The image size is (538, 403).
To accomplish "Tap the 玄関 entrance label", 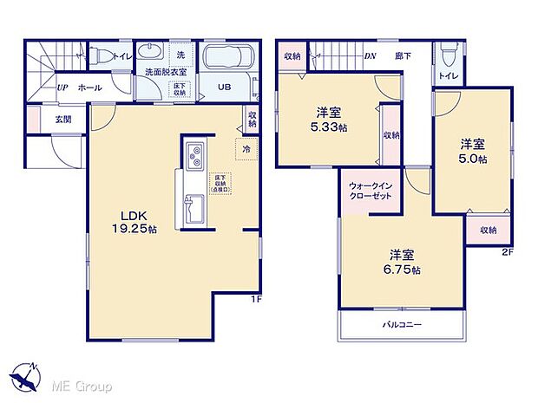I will coord(63,119).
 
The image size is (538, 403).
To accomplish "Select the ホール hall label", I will coord(89,88).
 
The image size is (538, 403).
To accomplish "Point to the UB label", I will coord(224,88).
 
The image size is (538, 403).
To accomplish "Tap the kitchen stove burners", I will coord(196,157).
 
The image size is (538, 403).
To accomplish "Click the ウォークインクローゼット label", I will coord(371,191).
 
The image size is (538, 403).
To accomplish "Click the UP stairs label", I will coord(62,88).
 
